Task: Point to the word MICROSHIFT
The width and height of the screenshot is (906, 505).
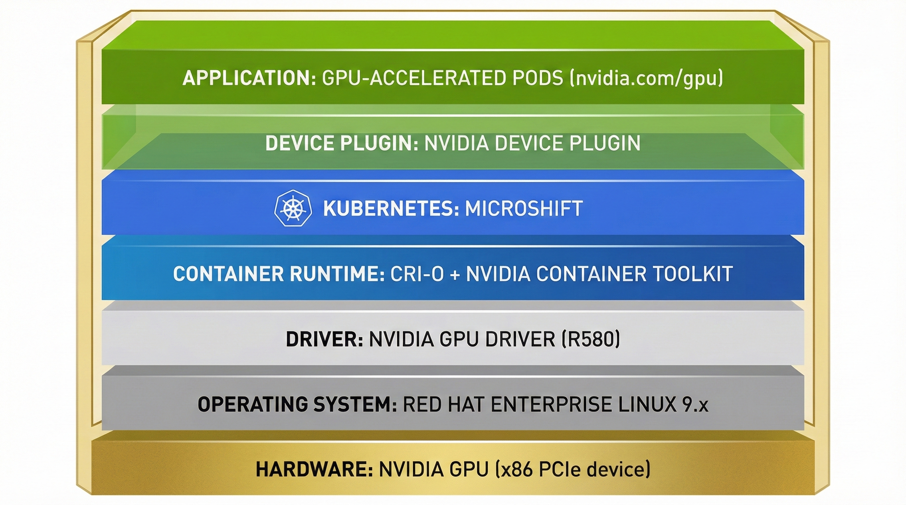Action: (524, 208)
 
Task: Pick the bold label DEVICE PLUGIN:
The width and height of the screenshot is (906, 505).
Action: (341, 143)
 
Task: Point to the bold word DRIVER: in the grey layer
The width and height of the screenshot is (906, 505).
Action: (324, 339)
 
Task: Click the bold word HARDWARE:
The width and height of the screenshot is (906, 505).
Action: (314, 469)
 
